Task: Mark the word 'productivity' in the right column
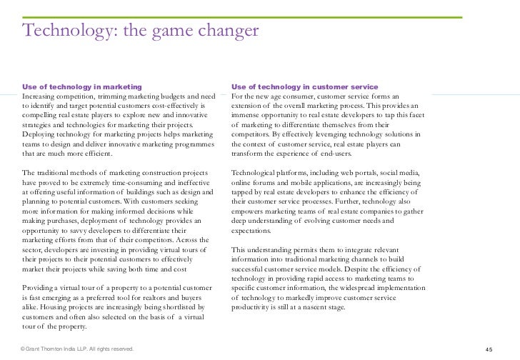253,307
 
